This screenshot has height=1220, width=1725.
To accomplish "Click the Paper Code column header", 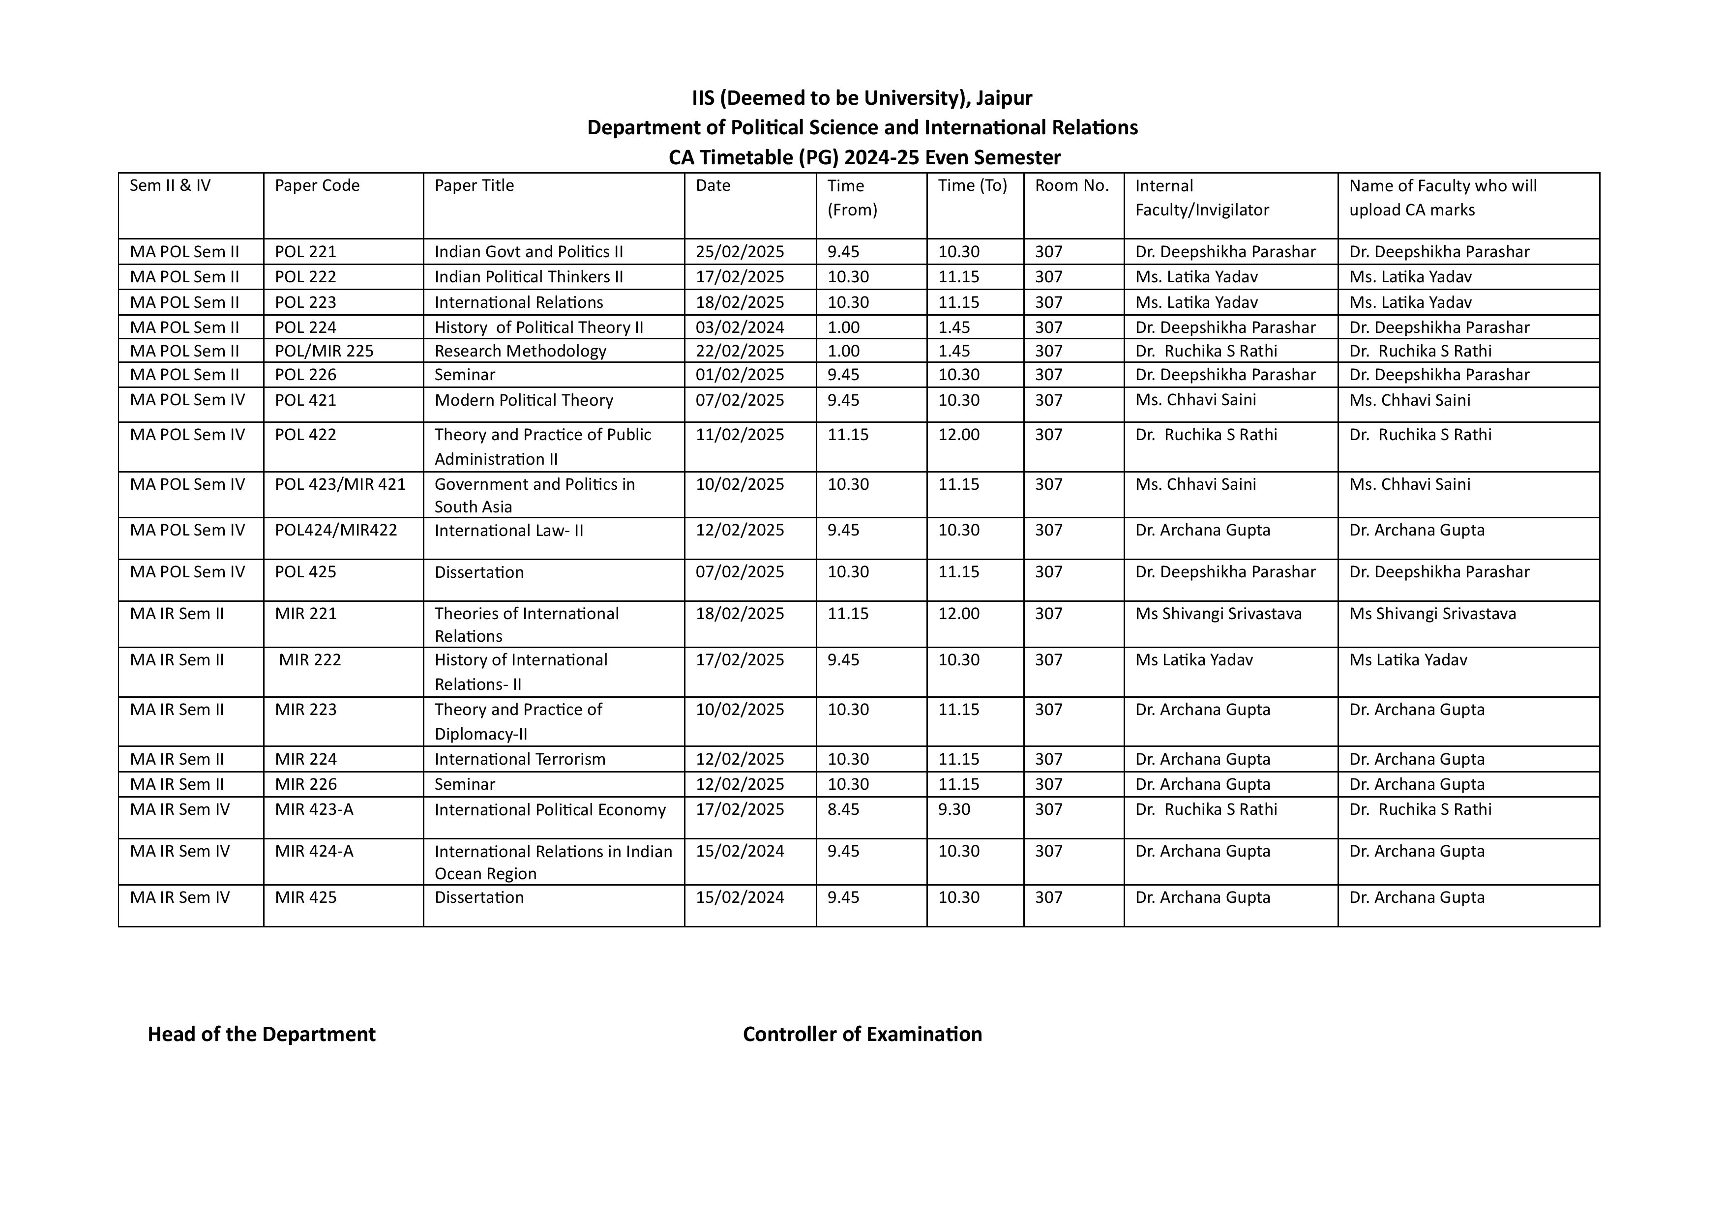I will coord(317,185).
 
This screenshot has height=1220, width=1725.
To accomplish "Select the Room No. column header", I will coord(1071,185).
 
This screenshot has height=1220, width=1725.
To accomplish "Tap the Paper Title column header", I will coord(474,185).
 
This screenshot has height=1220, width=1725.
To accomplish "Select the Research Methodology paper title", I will coord(520,351).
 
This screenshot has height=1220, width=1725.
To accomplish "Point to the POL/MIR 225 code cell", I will coord(324,351).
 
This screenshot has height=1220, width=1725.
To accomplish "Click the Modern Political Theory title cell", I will coord(524,400).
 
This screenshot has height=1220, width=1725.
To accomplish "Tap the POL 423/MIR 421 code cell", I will coord(340,484).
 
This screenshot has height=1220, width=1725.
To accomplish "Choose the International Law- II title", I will coord(508,531).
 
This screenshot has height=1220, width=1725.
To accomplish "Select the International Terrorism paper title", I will coord(520,759).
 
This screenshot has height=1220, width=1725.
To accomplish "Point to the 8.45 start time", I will coord(843,809).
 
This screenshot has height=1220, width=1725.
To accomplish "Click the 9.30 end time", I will coord(954,809).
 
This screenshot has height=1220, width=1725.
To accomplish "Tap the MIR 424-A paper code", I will coord(314,851).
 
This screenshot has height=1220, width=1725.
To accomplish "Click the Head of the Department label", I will coord(262,1035).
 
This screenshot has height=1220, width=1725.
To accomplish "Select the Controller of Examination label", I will coord(862,1035).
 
